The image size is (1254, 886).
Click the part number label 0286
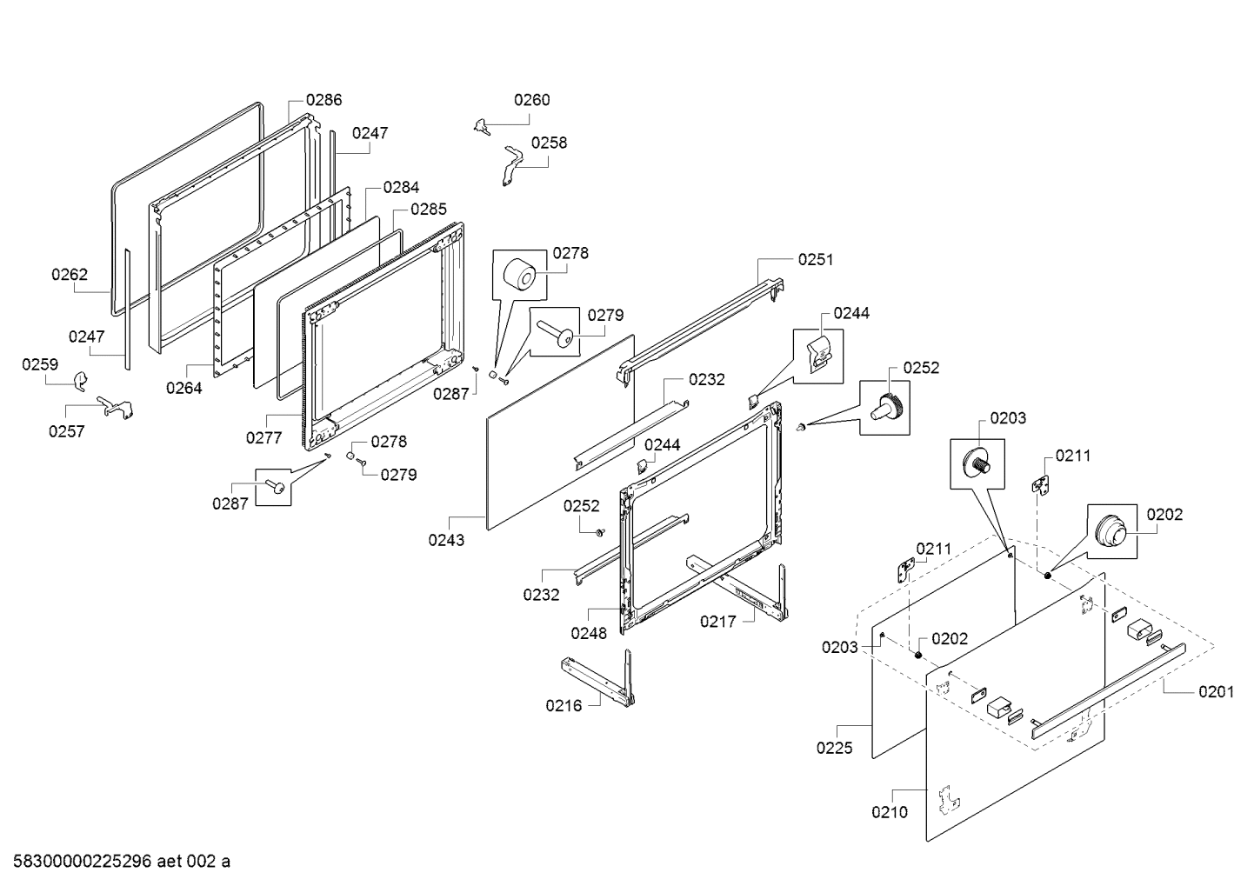point(324,100)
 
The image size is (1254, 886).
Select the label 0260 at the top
point(531,100)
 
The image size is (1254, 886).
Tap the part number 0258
point(549,143)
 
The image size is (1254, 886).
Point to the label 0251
point(815,259)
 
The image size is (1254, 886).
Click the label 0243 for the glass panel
point(446,540)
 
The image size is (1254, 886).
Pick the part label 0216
point(564,705)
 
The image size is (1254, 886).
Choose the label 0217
point(719,621)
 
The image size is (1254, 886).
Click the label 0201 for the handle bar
point(1216,691)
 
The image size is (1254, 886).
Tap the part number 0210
point(890,812)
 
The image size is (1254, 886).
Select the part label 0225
point(834,747)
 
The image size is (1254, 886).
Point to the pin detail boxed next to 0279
point(557,331)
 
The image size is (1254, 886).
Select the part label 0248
point(589,633)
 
